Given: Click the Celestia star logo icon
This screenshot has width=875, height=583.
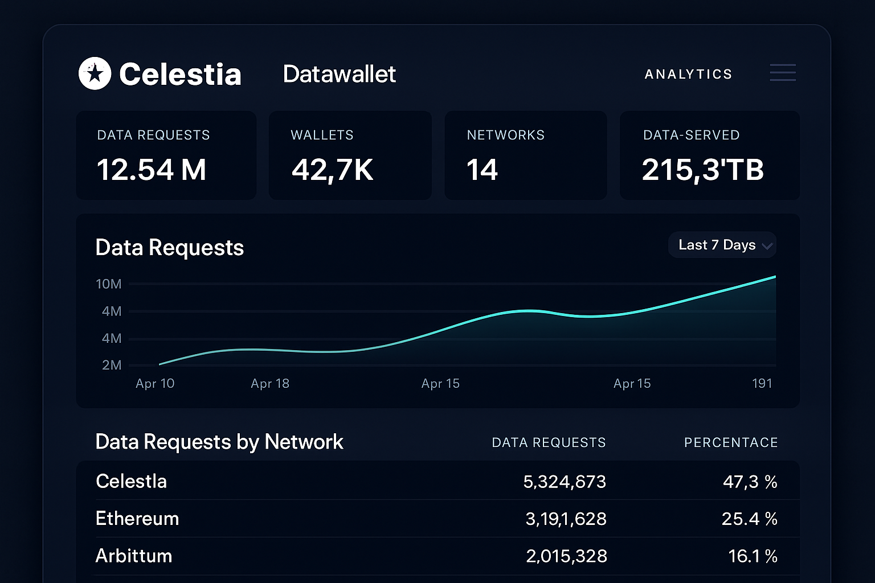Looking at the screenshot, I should [95, 73].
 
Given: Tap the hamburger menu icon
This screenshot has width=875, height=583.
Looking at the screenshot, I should [783, 73].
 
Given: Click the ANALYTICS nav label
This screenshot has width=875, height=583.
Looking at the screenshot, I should [688, 75].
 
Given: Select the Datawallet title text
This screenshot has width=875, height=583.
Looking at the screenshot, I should [339, 74].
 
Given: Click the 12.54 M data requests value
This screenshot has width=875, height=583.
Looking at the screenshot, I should [152, 170].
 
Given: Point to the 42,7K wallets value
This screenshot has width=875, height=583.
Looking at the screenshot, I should [332, 170].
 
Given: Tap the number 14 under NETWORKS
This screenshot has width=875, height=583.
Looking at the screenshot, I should [482, 170].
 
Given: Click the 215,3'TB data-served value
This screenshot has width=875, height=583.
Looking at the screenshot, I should [702, 170].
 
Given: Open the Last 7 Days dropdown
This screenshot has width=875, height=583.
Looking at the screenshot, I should [722, 245].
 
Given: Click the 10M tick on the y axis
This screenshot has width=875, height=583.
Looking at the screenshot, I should [108, 284].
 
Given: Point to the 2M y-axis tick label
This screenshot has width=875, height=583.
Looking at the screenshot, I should [112, 365].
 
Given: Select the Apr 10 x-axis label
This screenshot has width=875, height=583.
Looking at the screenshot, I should [155, 384].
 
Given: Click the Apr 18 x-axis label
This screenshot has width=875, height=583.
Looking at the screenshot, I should [270, 384].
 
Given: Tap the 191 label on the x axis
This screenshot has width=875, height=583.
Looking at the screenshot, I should [762, 384].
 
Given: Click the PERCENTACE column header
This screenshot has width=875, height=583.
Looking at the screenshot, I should [730, 442].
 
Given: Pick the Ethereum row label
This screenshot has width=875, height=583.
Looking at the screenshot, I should [137, 519].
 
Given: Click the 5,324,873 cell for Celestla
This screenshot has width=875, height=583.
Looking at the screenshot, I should [564, 482].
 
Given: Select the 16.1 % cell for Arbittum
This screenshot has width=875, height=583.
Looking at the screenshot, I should [753, 556].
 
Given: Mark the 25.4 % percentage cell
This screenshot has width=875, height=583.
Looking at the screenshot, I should [749, 519].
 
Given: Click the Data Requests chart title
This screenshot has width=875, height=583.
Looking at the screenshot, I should [169, 248].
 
